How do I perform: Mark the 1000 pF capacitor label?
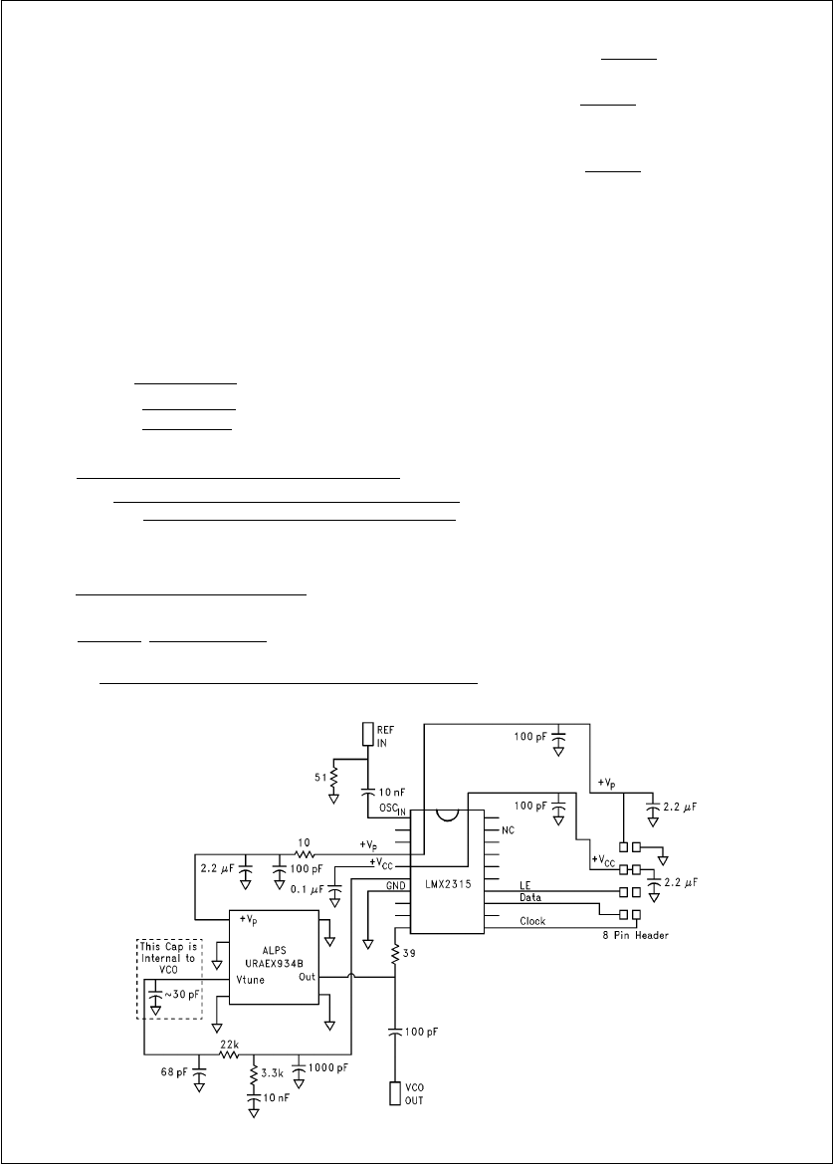tap(329, 1066)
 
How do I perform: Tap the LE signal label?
tap(525, 885)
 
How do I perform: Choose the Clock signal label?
tap(532, 921)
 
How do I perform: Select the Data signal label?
tap(530, 897)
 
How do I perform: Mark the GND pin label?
tap(397, 884)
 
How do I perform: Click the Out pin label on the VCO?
tap(308, 978)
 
